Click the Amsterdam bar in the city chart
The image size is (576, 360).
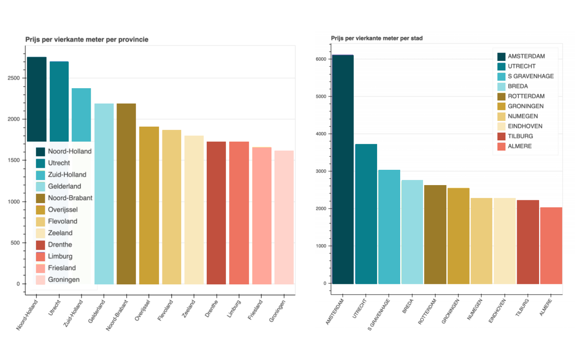(343, 169)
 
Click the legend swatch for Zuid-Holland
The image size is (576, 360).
(40, 175)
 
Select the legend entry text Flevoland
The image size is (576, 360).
(62, 221)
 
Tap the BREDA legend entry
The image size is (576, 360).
(518, 86)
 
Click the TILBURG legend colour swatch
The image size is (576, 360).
(501, 136)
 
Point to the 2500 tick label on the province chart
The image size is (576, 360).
(14, 78)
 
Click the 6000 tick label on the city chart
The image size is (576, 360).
(321, 59)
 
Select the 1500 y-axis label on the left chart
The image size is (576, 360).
(14, 160)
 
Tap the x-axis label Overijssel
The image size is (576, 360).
(142, 311)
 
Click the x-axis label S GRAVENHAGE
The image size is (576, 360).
(379, 315)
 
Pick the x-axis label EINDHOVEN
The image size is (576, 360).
(497, 311)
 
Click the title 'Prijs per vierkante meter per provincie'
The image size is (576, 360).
(87, 40)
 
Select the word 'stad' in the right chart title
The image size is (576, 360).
(416, 38)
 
